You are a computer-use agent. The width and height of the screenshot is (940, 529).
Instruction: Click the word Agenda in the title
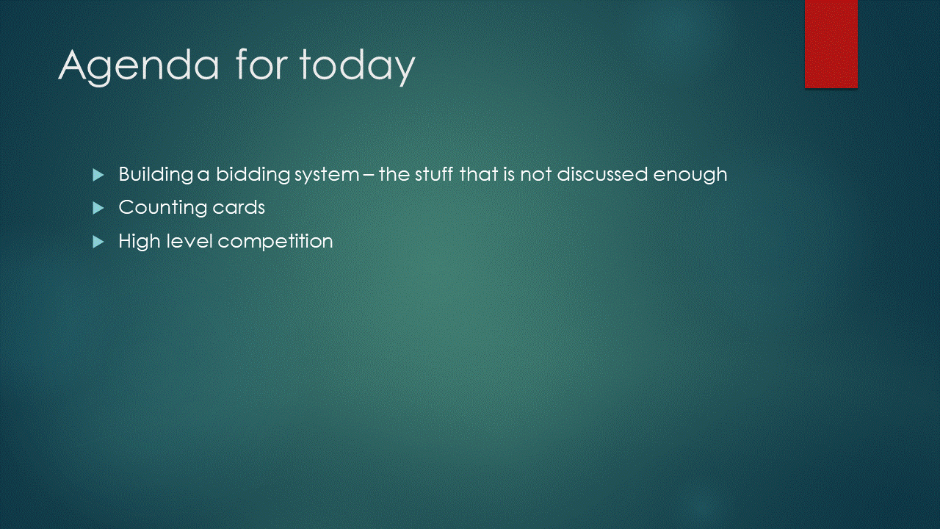click(139, 66)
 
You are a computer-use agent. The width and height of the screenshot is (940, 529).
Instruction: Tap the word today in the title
click(357, 66)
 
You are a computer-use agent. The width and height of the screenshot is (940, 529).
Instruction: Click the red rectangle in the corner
click(831, 44)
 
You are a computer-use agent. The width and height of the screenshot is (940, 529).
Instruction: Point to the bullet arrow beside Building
click(98, 175)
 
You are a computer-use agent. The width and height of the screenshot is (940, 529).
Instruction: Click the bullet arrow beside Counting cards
click(98, 208)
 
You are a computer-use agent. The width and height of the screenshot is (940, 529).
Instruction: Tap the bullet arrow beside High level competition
click(98, 242)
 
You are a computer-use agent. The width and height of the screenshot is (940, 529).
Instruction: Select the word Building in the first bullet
click(156, 175)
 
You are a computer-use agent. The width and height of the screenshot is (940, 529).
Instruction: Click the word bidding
click(253, 175)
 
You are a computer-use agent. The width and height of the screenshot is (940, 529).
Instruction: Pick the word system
click(327, 176)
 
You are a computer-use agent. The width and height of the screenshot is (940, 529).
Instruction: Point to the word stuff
click(434, 174)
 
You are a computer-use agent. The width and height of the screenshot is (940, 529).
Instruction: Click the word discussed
click(602, 174)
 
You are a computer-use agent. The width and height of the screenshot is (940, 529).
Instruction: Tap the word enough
click(690, 176)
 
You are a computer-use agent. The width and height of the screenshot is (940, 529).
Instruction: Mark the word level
click(189, 241)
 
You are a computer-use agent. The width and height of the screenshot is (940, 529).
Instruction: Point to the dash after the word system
click(369, 175)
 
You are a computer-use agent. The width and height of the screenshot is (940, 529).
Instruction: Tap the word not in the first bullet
click(536, 175)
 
